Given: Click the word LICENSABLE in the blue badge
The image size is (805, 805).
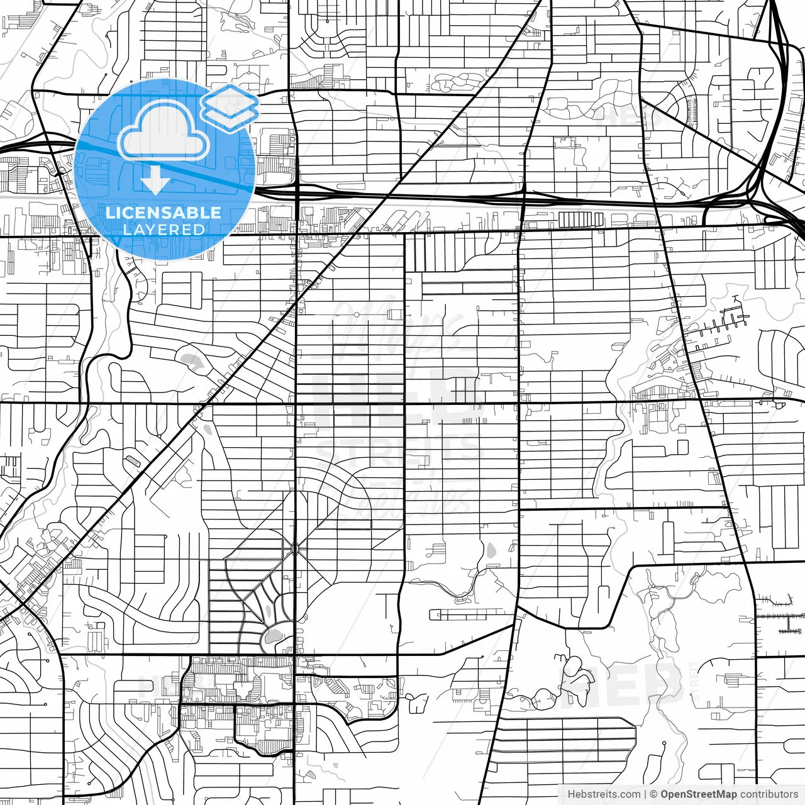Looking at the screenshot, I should click(164, 213).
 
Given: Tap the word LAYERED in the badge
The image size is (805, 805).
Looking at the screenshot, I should click(164, 230).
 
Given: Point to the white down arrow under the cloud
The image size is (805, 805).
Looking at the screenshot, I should click(155, 183).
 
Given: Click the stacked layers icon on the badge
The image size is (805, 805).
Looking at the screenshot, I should click(230, 107).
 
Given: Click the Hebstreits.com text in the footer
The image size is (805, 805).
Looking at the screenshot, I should click(604, 794).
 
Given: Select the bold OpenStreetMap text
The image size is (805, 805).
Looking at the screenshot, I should click(698, 794).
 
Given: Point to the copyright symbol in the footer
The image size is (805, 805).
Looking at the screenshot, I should click(654, 794).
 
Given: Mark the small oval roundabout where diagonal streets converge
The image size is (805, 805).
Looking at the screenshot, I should click(295, 550).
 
